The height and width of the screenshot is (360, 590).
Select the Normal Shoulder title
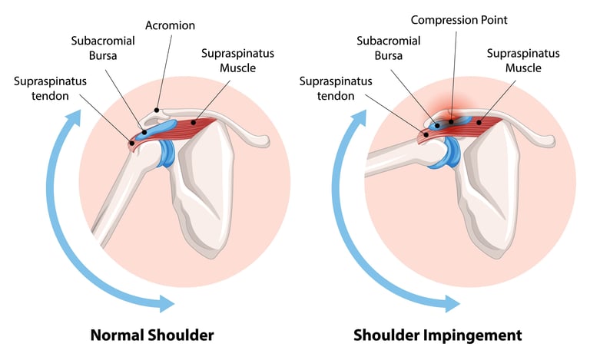coord(152,335)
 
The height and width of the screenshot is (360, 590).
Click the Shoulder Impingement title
coord(438,335)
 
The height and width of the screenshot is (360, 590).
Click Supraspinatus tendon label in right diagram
coord(327,88)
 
